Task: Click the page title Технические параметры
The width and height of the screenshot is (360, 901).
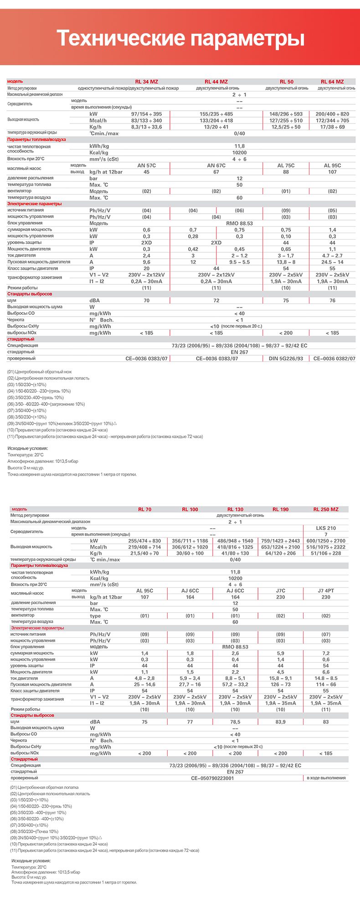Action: pyautogui.click(x=180, y=38)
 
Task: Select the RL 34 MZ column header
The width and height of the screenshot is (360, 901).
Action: pyautogui.click(x=146, y=82)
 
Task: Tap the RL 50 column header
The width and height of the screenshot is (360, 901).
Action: pyautogui.click(x=287, y=82)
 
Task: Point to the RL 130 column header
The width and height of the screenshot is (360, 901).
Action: pyautogui.click(x=235, y=509)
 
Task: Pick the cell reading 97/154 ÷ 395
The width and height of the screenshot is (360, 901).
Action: pyautogui.click(x=146, y=114)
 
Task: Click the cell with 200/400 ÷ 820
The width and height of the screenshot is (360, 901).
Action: pyautogui.click(x=332, y=114)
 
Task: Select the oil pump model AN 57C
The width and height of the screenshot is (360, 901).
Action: pyautogui.click(x=146, y=165)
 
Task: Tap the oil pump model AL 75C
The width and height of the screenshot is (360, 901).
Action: pyautogui.click(x=286, y=165)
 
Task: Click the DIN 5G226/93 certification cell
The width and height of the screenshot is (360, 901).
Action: pyautogui.click(x=286, y=358)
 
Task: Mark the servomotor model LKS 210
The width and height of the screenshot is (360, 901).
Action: pyautogui.click(x=326, y=528)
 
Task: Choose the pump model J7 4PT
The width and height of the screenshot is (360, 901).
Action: pyautogui.click(x=326, y=590)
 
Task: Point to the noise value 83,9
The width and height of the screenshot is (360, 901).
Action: pyautogui.click(x=280, y=722)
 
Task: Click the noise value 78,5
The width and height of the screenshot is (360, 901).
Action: pyautogui.click(x=235, y=722)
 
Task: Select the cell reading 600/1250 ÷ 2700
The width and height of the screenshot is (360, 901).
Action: pyautogui.click(x=326, y=541)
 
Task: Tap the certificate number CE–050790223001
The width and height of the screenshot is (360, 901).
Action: pyautogui.click(x=212, y=778)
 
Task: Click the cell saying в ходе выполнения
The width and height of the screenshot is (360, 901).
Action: pyautogui.click(x=326, y=778)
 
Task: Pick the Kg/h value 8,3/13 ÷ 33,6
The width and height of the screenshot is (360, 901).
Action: pyautogui.click(x=146, y=127)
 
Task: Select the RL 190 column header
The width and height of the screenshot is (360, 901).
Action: pyautogui.click(x=280, y=509)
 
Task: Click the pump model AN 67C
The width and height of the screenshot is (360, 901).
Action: pyautogui.click(x=216, y=165)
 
